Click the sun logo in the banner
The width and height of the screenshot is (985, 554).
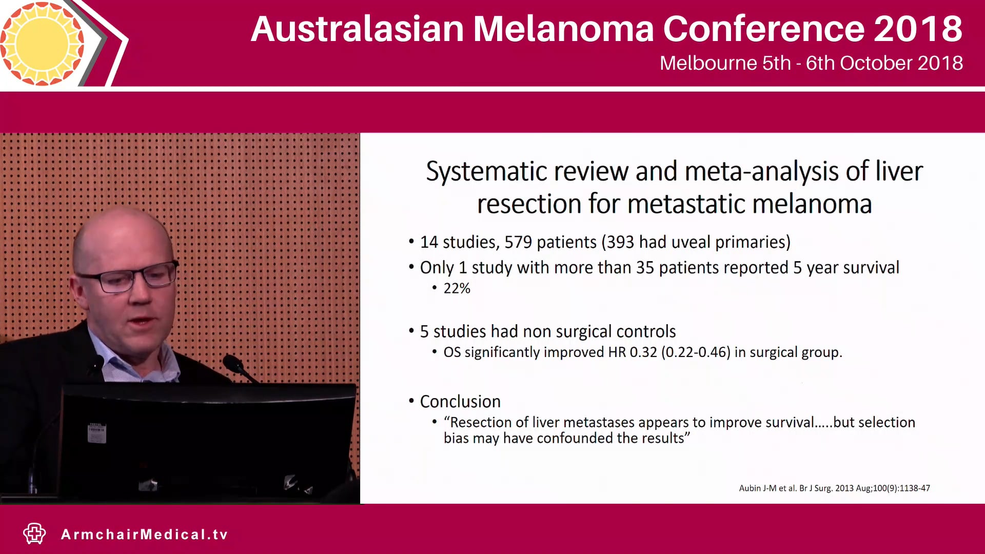(x=42, y=43)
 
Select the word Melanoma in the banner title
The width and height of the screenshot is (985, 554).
(x=563, y=29)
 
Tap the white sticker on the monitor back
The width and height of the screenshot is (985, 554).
(x=96, y=433)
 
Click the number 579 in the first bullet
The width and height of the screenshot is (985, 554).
(x=518, y=242)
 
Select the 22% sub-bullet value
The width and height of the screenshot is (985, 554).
(x=457, y=288)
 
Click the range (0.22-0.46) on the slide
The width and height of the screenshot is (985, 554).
(x=696, y=352)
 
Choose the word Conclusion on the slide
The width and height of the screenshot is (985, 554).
(x=460, y=402)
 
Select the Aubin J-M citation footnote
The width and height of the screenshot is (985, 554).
(x=834, y=488)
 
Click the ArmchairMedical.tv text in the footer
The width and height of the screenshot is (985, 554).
(x=144, y=535)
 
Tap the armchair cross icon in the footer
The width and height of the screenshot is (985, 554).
(x=34, y=533)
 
